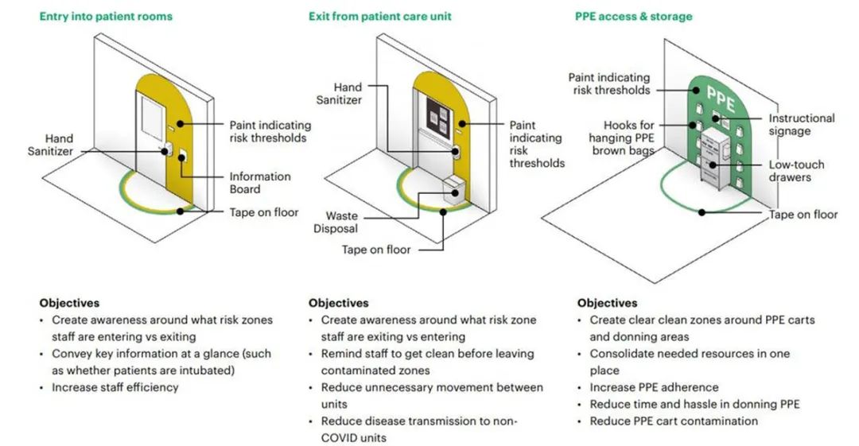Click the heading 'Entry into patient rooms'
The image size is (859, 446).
pos(106,16)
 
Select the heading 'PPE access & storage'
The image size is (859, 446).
pos(635,16)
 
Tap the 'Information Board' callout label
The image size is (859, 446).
pos(260,183)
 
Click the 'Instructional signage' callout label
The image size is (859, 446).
pos(801,124)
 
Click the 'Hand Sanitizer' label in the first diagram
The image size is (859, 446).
pos(59,145)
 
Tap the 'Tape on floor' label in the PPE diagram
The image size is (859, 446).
pos(803,215)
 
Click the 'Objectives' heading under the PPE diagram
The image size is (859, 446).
pos(607,303)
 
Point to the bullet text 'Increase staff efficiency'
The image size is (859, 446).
pos(115,387)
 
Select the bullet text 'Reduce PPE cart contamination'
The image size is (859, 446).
pos(674,421)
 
